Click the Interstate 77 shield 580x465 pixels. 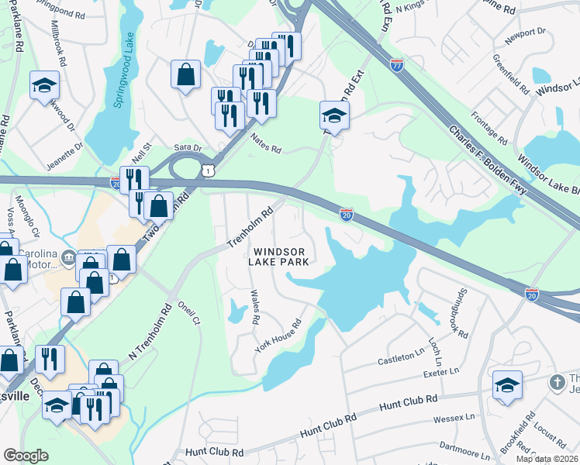pyautogui.click(x=397, y=66)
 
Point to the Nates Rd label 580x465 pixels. pyautogui.click(x=265, y=143)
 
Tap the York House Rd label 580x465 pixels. pyautogui.click(x=278, y=337)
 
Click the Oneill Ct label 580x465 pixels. pyautogui.click(x=189, y=312)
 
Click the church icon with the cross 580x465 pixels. pyautogui.click(x=556, y=383)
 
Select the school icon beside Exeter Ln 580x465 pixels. pyautogui.click(x=507, y=385)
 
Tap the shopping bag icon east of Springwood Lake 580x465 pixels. pyautogui.click(x=186, y=76)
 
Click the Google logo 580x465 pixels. pyautogui.click(x=26, y=456)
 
